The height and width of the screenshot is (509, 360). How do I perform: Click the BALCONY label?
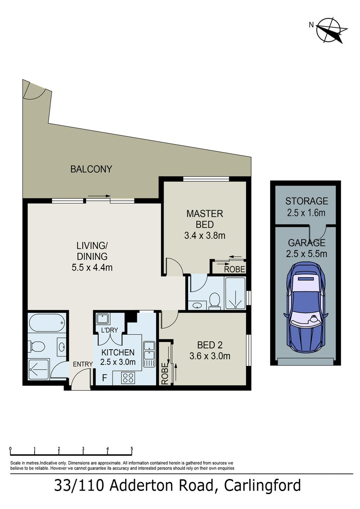tap(91, 169)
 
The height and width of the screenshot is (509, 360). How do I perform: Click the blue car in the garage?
tap(306, 307)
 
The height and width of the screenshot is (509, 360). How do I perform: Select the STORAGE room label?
tap(307, 201)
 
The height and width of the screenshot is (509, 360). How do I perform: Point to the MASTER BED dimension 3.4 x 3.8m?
tap(205, 236)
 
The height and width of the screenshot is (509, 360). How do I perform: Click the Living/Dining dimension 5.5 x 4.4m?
tap(92, 267)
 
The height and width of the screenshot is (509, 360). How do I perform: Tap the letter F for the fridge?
tap(104, 378)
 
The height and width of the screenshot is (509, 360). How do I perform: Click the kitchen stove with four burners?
tap(128, 378)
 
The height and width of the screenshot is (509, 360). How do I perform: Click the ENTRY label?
tap(83, 364)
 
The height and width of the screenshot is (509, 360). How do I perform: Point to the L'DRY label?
tap(109, 330)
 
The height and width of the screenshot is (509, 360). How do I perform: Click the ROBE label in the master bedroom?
tap(235, 269)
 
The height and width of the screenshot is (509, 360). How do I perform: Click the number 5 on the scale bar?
tap(132, 449)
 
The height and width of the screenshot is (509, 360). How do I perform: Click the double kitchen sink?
tap(149, 354)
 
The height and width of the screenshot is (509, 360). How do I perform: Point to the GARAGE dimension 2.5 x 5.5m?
tap(307, 254)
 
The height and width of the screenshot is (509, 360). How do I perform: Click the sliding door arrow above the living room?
tap(99, 196)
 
